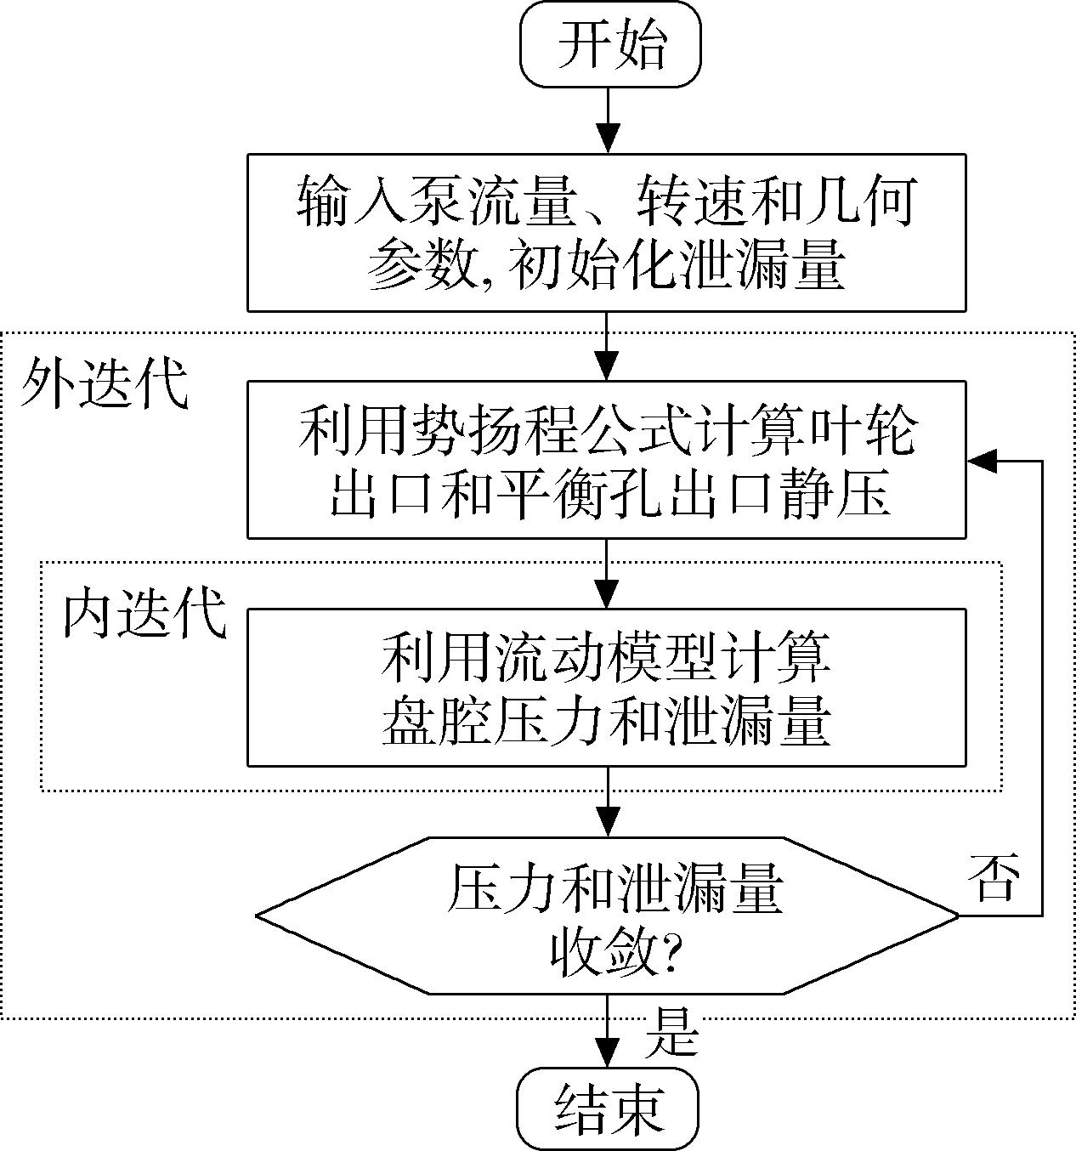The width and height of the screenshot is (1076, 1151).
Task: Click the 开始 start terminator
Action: [610, 44]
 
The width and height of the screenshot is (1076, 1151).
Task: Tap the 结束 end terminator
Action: [608, 1109]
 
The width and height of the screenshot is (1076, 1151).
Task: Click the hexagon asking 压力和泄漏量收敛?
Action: [607, 916]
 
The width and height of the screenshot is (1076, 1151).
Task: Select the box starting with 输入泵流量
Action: [607, 232]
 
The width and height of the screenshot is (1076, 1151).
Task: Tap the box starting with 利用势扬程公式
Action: [607, 460]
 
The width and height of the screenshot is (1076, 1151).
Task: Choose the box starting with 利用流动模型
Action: [607, 688]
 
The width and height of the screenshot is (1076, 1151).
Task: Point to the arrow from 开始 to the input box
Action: [608, 121]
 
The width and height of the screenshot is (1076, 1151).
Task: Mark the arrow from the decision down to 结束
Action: [608, 1032]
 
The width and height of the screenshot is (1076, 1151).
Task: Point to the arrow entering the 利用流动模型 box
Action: [608, 574]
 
